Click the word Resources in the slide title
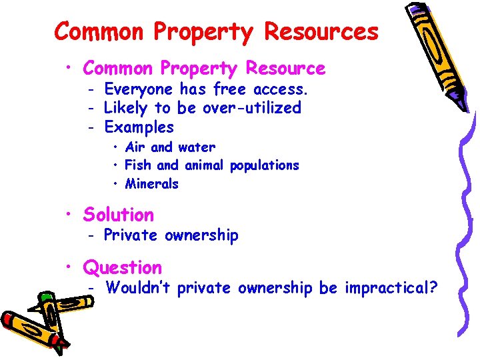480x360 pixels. [321, 31]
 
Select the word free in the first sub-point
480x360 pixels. [229, 89]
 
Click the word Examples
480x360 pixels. [139, 127]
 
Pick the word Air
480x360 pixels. [135, 147]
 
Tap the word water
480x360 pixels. [197, 147]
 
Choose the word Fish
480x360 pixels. [138, 165]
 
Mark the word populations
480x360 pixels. [265, 165]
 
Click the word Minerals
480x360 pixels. [152, 183]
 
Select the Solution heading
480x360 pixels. [118, 215]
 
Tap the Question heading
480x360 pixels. [122, 268]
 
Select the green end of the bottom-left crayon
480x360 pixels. [47, 297]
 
